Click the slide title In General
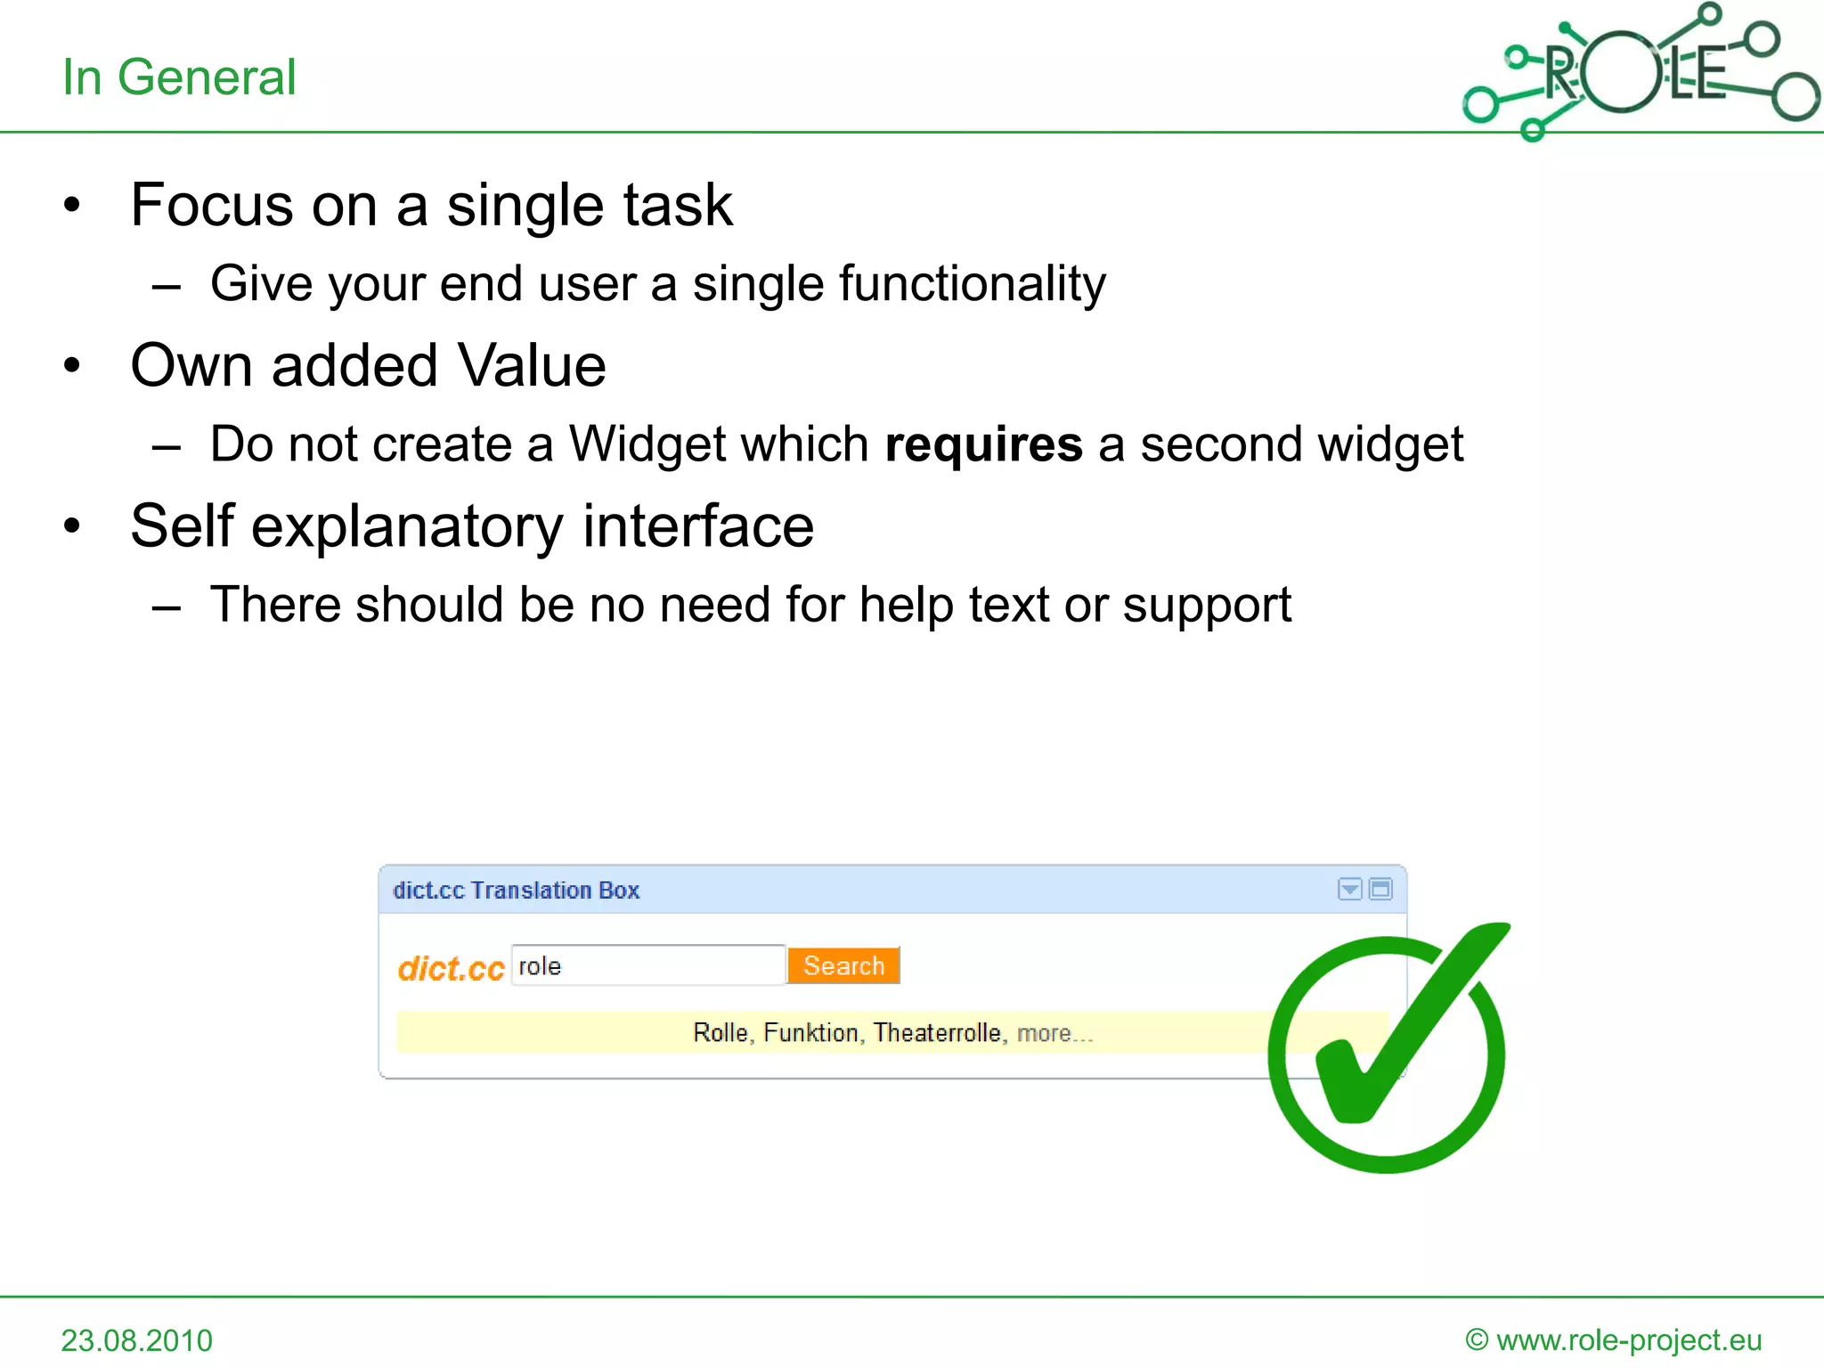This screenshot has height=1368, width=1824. coord(178,77)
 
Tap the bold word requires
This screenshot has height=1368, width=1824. coord(983,444)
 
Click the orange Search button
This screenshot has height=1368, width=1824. coord(843,965)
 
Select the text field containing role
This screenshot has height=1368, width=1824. coord(647,965)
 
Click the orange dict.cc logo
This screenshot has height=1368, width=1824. coord(451,969)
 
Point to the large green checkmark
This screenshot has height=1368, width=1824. coord(1389,1051)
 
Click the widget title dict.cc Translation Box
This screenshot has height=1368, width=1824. coord(516,890)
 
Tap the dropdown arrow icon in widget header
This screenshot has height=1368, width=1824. coord(1349,889)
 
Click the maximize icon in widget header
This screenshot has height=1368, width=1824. coord(1380,889)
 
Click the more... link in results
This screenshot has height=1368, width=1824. coord(1054,1033)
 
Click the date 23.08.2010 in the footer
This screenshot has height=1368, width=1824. coord(137,1340)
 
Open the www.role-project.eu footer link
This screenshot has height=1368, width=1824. coord(1628,1339)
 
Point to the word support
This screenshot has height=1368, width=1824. coord(1206,606)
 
